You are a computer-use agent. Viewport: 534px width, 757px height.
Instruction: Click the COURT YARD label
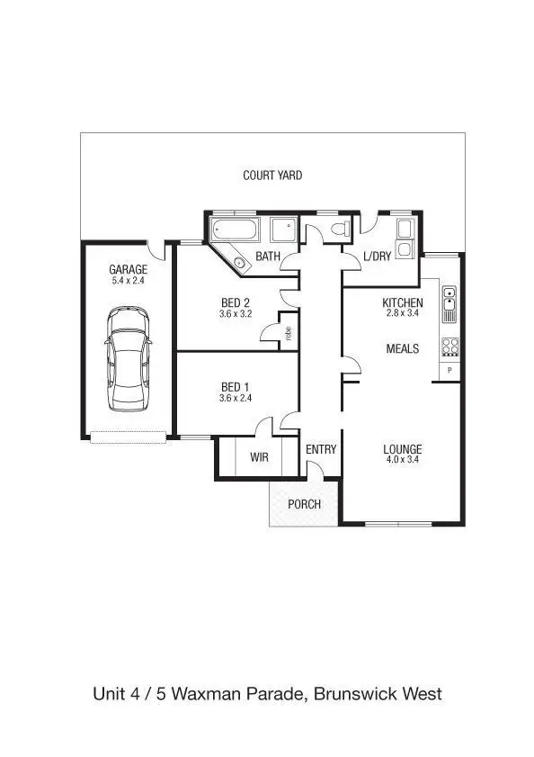[272, 176]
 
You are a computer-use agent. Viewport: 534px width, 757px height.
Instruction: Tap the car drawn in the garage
[127, 357]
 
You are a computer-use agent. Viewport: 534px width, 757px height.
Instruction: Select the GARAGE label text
[128, 269]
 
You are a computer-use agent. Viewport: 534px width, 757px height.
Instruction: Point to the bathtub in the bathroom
[235, 230]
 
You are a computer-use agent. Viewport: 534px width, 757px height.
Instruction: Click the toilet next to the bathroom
[339, 229]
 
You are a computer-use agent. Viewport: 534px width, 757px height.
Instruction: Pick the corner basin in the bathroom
[239, 263]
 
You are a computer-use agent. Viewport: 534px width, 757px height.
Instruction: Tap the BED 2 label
[235, 302]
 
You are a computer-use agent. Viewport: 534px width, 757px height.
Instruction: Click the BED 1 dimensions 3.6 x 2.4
[235, 398]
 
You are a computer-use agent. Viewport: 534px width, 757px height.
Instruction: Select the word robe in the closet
[289, 331]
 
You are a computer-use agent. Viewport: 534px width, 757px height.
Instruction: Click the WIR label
[259, 458]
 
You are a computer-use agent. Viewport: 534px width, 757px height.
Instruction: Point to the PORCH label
[304, 504]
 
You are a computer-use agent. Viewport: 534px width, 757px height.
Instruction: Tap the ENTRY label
[321, 449]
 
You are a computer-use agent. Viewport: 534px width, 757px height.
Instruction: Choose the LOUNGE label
[402, 449]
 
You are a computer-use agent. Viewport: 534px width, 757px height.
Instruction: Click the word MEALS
[402, 348]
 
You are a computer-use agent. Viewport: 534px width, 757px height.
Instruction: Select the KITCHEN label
[402, 302]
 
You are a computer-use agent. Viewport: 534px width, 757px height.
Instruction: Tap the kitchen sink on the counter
[449, 303]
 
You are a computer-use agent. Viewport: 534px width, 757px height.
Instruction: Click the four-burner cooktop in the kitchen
[449, 347]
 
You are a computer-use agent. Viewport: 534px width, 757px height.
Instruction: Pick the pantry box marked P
[449, 371]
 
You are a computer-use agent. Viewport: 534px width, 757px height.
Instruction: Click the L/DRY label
[377, 257]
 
